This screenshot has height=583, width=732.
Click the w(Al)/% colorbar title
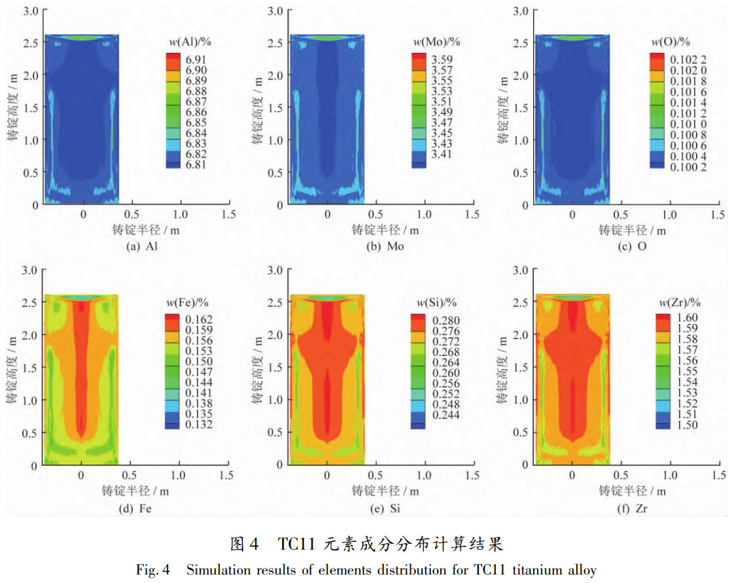(x=190, y=43)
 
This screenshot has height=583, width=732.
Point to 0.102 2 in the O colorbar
(x=686, y=60)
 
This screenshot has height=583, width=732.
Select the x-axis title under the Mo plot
(x=385, y=230)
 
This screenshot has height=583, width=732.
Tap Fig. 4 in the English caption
(x=152, y=570)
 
